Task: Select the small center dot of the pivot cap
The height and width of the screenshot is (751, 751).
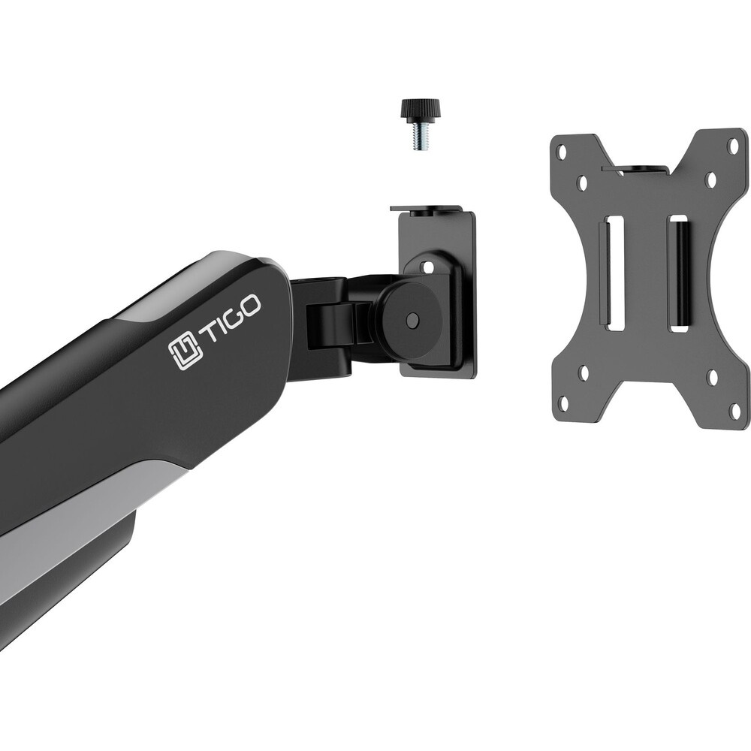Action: pyautogui.click(x=411, y=319)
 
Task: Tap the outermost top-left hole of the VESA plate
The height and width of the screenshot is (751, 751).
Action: pyautogui.click(x=561, y=152)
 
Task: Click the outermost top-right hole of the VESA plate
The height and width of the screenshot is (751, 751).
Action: pyautogui.click(x=733, y=146)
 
